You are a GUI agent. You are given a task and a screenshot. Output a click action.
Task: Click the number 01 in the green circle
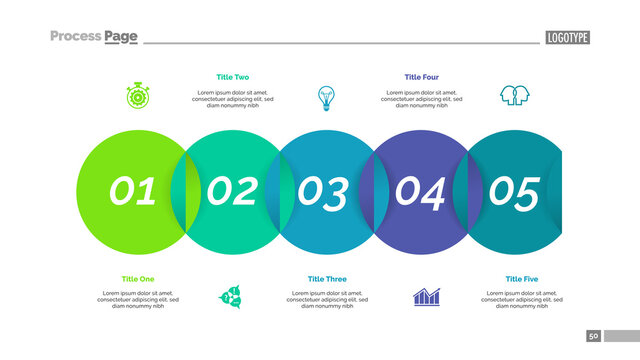point(133,191)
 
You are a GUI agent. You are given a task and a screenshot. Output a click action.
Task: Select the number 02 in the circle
point(232,191)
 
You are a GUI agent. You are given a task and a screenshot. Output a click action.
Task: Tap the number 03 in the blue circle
point(324,192)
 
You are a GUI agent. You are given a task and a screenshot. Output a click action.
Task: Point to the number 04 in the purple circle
point(420,192)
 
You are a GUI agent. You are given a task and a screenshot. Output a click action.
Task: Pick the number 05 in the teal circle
point(514,192)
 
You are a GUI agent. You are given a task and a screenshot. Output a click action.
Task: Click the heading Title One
point(138,279)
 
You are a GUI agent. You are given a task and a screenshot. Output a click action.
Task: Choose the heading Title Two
point(233,77)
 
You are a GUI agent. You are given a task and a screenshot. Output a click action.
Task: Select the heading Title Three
point(327,279)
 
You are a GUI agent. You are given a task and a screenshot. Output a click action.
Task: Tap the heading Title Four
point(421,77)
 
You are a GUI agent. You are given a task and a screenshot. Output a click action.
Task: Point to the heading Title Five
point(521,279)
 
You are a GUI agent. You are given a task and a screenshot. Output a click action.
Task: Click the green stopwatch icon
point(138,96)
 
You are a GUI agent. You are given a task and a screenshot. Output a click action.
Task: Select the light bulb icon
point(326,97)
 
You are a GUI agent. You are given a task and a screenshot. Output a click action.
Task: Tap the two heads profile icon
point(514,96)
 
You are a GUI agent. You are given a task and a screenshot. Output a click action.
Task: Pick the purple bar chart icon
point(427,297)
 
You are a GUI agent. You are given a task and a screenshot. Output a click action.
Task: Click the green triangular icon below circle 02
point(232,297)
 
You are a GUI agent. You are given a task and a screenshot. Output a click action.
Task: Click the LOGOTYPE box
point(568,38)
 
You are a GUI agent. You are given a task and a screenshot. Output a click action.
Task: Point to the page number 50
point(593,336)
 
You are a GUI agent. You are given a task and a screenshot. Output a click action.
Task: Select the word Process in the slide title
point(76,37)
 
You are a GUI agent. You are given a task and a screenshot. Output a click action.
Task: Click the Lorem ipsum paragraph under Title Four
point(421,99)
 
